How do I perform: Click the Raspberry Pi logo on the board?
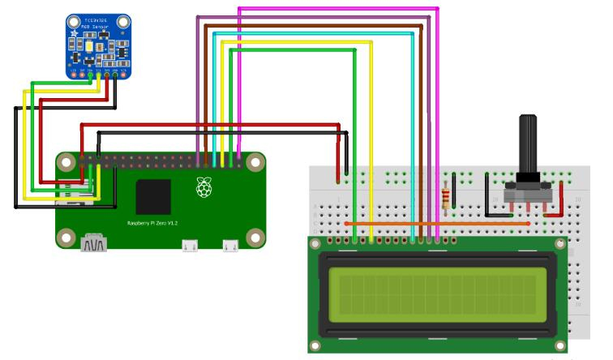(x=202, y=188)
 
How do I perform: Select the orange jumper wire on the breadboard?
(x=430, y=223)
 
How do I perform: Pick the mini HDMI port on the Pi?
(x=93, y=242)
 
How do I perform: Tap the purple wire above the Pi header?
(x=198, y=81)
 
